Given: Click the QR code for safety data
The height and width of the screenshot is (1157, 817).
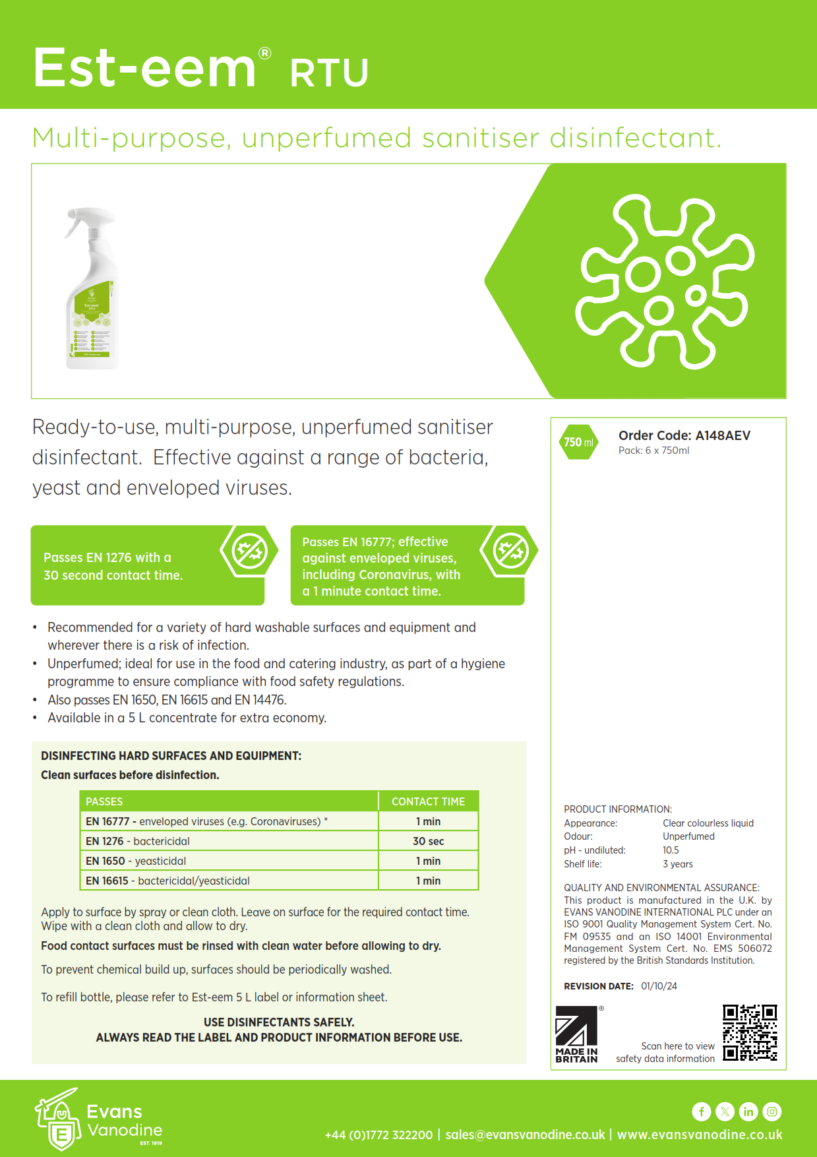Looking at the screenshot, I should click(x=750, y=1032).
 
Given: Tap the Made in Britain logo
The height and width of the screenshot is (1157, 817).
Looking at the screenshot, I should click(x=576, y=1034).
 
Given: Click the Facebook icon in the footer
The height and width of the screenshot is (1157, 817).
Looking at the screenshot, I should click(x=701, y=1111).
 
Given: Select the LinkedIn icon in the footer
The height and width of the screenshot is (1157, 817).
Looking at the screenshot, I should click(x=748, y=1111).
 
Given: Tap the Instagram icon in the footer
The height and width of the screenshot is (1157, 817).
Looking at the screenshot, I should click(x=772, y=1111).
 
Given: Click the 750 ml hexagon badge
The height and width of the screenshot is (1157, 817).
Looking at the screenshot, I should click(x=578, y=442).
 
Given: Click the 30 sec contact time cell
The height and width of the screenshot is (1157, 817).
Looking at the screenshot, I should click(x=428, y=841).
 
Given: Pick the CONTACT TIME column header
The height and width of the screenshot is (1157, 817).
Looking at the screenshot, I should click(x=428, y=801).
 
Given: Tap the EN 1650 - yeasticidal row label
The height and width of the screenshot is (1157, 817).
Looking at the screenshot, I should click(x=136, y=861).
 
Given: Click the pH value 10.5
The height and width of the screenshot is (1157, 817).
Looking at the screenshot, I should click(x=671, y=850).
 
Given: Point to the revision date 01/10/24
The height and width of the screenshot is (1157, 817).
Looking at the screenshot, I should click(x=659, y=986).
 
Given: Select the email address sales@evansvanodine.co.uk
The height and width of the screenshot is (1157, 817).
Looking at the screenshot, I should click(x=525, y=1135).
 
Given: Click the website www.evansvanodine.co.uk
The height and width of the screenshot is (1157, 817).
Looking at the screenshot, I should click(x=700, y=1135).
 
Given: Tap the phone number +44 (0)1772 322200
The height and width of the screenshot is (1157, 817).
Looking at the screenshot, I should click(x=378, y=1135).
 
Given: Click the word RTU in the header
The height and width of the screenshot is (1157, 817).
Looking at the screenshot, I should click(x=329, y=73).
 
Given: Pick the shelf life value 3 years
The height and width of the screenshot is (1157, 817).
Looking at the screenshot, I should click(x=678, y=864).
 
